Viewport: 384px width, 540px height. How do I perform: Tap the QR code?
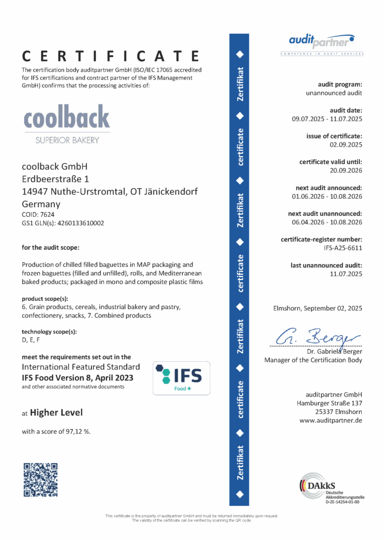(x=40, y=479)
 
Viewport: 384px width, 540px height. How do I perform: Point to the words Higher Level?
(x=56, y=412)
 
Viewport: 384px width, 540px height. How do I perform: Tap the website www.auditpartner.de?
(x=331, y=420)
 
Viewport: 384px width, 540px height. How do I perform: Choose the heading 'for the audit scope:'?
(x=51, y=247)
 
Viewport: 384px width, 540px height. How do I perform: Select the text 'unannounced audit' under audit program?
(x=334, y=93)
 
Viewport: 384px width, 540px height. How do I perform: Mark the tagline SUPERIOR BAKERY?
(x=66, y=140)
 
